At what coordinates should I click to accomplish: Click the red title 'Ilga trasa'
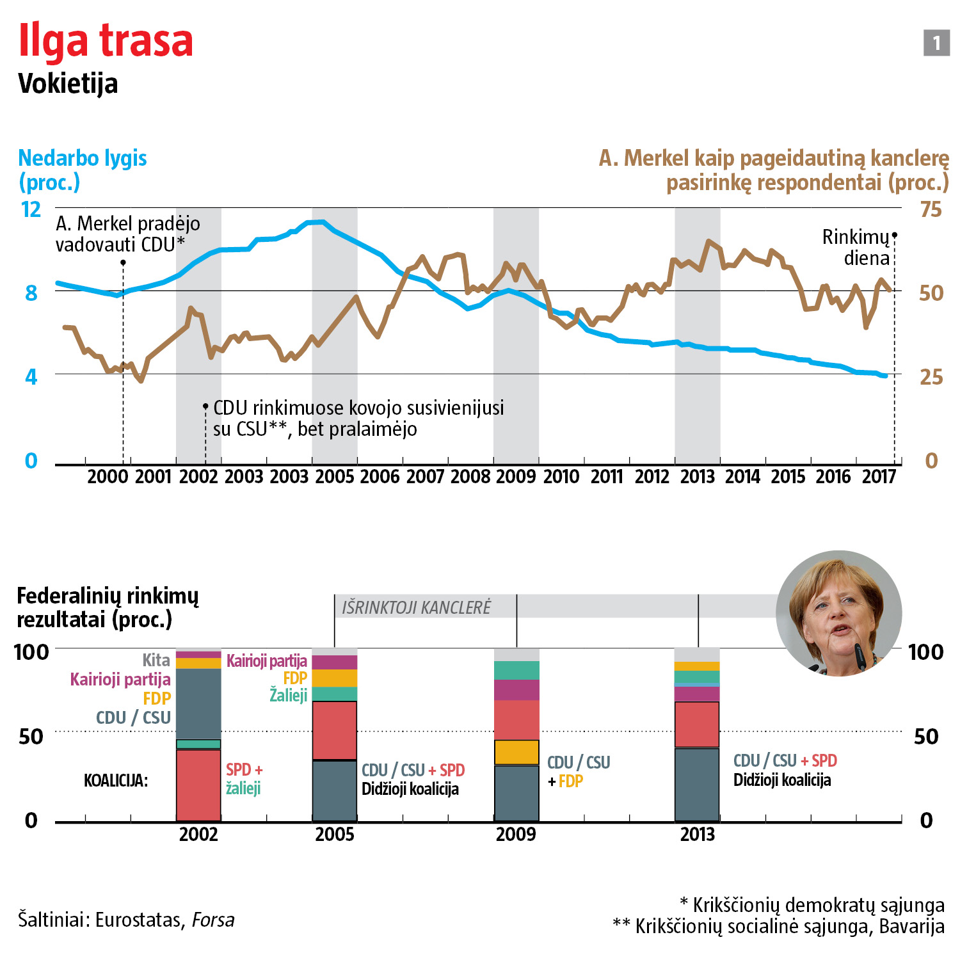(x=106, y=40)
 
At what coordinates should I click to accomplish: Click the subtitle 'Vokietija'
(x=68, y=84)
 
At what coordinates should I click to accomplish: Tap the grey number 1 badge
(x=936, y=43)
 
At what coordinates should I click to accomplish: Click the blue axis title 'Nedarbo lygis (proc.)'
(x=82, y=170)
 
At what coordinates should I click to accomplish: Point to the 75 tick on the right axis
(x=931, y=209)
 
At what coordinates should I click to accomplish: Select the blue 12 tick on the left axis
(x=31, y=209)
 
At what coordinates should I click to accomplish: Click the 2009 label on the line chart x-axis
(x=516, y=477)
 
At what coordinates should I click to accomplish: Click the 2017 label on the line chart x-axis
(x=879, y=477)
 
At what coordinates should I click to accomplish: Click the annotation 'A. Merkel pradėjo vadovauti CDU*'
(x=127, y=234)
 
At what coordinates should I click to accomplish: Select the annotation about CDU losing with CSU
(x=358, y=418)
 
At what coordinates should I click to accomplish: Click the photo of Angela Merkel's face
(x=838, y=612)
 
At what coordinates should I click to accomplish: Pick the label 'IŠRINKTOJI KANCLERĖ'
(x=416, y=607)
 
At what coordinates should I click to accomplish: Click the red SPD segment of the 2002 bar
(x=198, y=785)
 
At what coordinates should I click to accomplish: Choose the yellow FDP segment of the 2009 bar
(x=516, y=752)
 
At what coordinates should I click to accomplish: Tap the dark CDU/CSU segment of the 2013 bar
(x=697, y=784)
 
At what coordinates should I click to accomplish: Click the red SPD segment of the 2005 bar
(x=335, y=730)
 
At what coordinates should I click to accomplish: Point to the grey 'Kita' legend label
(x=156, y=660)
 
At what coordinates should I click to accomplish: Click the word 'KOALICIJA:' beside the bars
(x=116, y=781)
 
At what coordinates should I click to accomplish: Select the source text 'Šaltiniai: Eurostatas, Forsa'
(x=126, y=920)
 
